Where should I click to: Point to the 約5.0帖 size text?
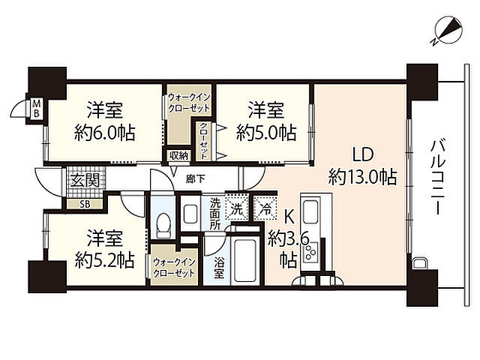266,133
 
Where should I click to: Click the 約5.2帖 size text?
104,260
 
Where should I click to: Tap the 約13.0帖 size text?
363,178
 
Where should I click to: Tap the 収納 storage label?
178,155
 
